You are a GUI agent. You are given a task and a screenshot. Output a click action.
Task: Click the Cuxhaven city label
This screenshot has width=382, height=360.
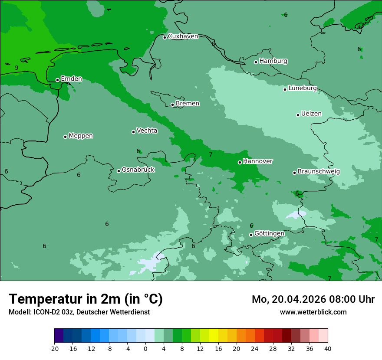point(183,36)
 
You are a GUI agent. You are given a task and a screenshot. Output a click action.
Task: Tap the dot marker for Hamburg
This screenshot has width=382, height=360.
point(256,62)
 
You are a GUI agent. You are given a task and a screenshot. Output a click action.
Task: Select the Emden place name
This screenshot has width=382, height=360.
point(71,79)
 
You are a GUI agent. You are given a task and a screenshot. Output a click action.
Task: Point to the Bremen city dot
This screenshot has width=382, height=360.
point(172,105)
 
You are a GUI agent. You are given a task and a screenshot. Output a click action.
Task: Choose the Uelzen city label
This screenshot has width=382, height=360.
point(311,114)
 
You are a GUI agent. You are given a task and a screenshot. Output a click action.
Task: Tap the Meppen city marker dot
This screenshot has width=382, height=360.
point(65,137)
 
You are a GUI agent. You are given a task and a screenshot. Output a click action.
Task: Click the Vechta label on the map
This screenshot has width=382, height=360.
point(147,131)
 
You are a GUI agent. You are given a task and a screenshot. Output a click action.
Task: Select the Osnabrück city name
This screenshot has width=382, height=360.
point(138,170)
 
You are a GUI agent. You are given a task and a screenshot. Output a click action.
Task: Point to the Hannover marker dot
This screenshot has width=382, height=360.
point(240,162)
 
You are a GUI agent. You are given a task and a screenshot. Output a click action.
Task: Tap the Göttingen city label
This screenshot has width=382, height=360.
point(269,234)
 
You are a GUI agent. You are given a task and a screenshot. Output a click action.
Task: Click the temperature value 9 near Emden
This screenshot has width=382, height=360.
point(16,68)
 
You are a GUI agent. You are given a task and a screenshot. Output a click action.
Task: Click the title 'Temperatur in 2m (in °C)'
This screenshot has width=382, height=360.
point(86,299)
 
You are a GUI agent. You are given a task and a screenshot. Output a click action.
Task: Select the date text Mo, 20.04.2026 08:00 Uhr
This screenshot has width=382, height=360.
point(313,300)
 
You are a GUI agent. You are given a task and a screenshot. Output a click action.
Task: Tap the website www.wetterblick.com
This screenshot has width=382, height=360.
point(313,312)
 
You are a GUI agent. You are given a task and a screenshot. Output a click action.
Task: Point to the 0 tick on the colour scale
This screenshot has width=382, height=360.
point(145,349)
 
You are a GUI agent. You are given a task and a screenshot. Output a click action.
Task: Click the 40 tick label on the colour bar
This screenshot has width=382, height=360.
point(327,349)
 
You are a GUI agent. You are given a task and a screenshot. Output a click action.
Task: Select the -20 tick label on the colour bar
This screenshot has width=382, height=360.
point(54,349)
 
